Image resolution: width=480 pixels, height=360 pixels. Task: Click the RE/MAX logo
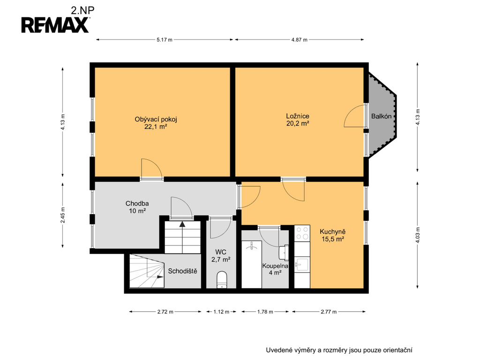pos(55,25)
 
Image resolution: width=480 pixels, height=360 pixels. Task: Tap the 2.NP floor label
pos(82,10)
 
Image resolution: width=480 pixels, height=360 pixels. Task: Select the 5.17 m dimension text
pos(165,39)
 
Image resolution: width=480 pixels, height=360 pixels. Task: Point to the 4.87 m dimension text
pos(299,39)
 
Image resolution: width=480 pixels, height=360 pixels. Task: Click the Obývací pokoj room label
pos(156,120)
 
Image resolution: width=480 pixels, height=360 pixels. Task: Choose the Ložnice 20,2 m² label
pos(298,120)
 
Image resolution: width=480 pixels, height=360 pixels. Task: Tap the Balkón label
pos(381,116)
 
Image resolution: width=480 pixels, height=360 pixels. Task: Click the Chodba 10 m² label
pos(137,207)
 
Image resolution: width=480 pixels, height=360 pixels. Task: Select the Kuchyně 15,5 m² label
pos(332,235)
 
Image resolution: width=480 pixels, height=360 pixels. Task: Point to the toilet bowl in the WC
pos(222,279)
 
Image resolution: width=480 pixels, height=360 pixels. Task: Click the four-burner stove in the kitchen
pos(302,233)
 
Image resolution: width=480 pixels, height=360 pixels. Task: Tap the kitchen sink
pos(302,264)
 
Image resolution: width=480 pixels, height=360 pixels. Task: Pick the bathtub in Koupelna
pos(252,264)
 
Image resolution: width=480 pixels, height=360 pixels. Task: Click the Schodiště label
pos(182,271)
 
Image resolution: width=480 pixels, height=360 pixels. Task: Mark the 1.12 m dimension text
pos(221,312)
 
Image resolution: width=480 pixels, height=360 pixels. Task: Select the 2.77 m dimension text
pos(329,312)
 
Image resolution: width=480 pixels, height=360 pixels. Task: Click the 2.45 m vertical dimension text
pos(63,215)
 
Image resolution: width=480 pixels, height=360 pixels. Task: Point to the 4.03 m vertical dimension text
pos(417,235)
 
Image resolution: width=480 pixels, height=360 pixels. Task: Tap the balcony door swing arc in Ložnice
pos(349,112)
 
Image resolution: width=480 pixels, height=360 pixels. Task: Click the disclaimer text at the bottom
pos(339,350)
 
